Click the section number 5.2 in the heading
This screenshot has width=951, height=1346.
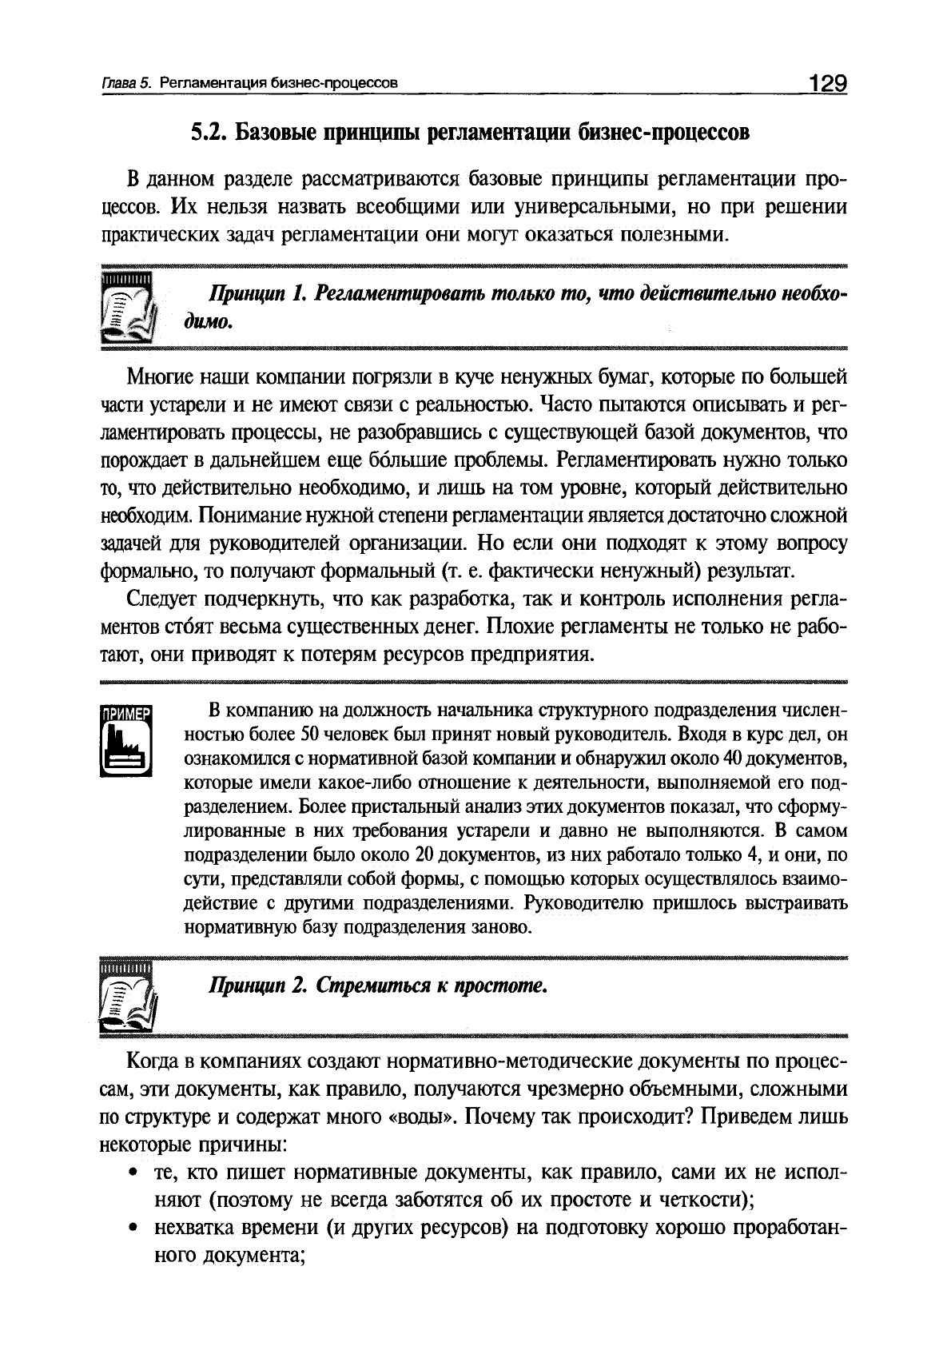click(x=206, y=132)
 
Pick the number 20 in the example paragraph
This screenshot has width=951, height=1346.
click(x=424, y=855)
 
